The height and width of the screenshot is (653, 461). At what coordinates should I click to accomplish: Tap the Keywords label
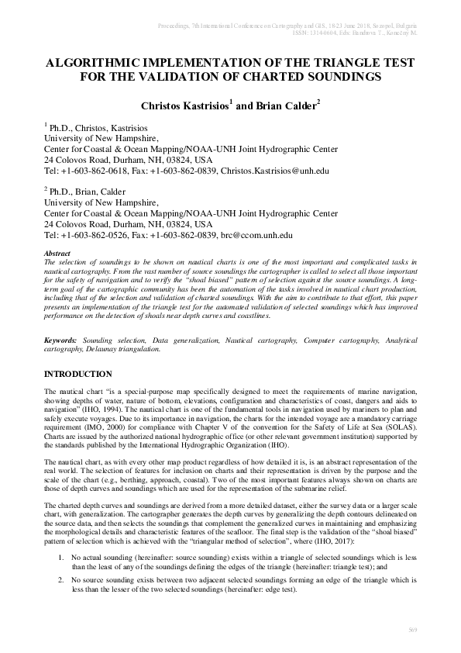click(x=62, y=340)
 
